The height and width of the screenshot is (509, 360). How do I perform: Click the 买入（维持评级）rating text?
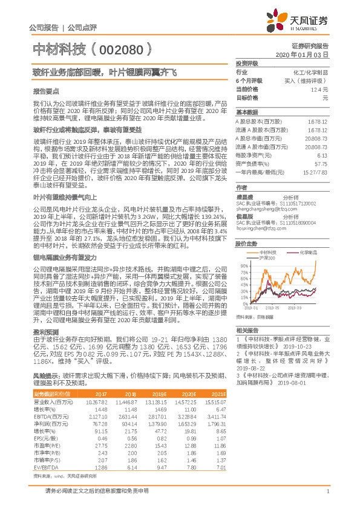click(306, 80)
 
